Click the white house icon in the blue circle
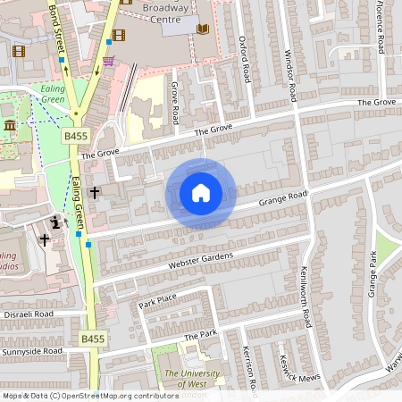[x=201, y=193]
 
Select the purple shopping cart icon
[x=109, y=61]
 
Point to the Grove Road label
[x=176, y=103]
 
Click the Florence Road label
[x=380, y=31]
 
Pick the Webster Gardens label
[x=200, y=262]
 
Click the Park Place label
[x=158, y=299]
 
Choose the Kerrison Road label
[x=253, y=371]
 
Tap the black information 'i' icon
[x=57, y=222]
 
